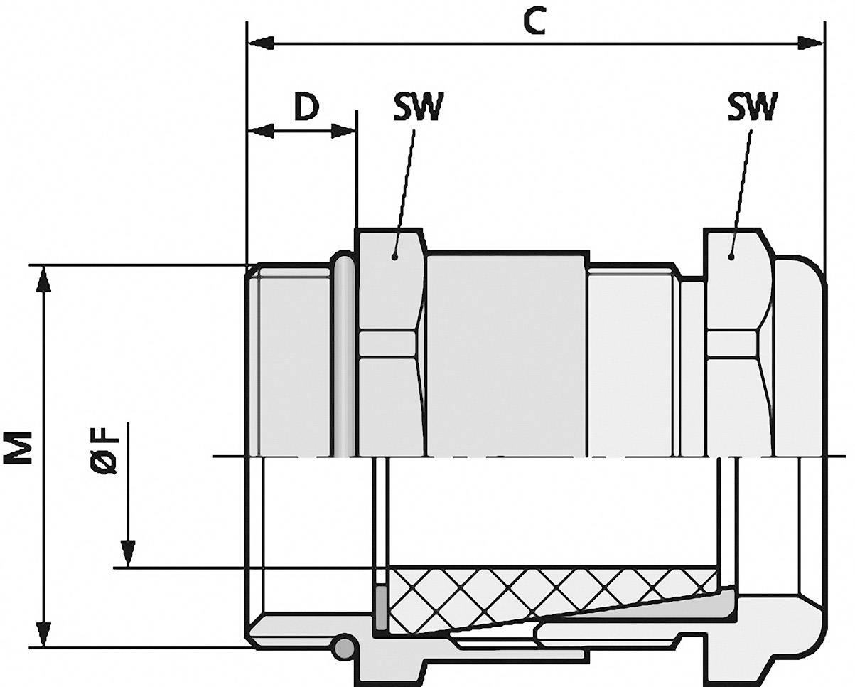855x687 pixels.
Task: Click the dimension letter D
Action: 306,107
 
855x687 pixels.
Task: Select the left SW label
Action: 417,107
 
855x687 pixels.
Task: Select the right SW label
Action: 753,107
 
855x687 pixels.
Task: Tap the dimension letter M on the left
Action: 21,447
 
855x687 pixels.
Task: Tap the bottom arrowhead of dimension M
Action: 45,634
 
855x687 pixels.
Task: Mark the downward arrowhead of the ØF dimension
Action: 128,553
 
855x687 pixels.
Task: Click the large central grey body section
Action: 506,356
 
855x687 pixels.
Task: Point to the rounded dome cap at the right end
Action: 800,356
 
